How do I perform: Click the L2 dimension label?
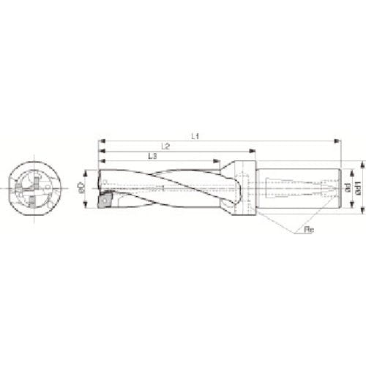click(165, 146)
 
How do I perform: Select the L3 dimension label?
click(152, 157)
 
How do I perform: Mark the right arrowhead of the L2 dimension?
click(254, 151)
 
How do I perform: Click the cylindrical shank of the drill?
click(300, 187)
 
